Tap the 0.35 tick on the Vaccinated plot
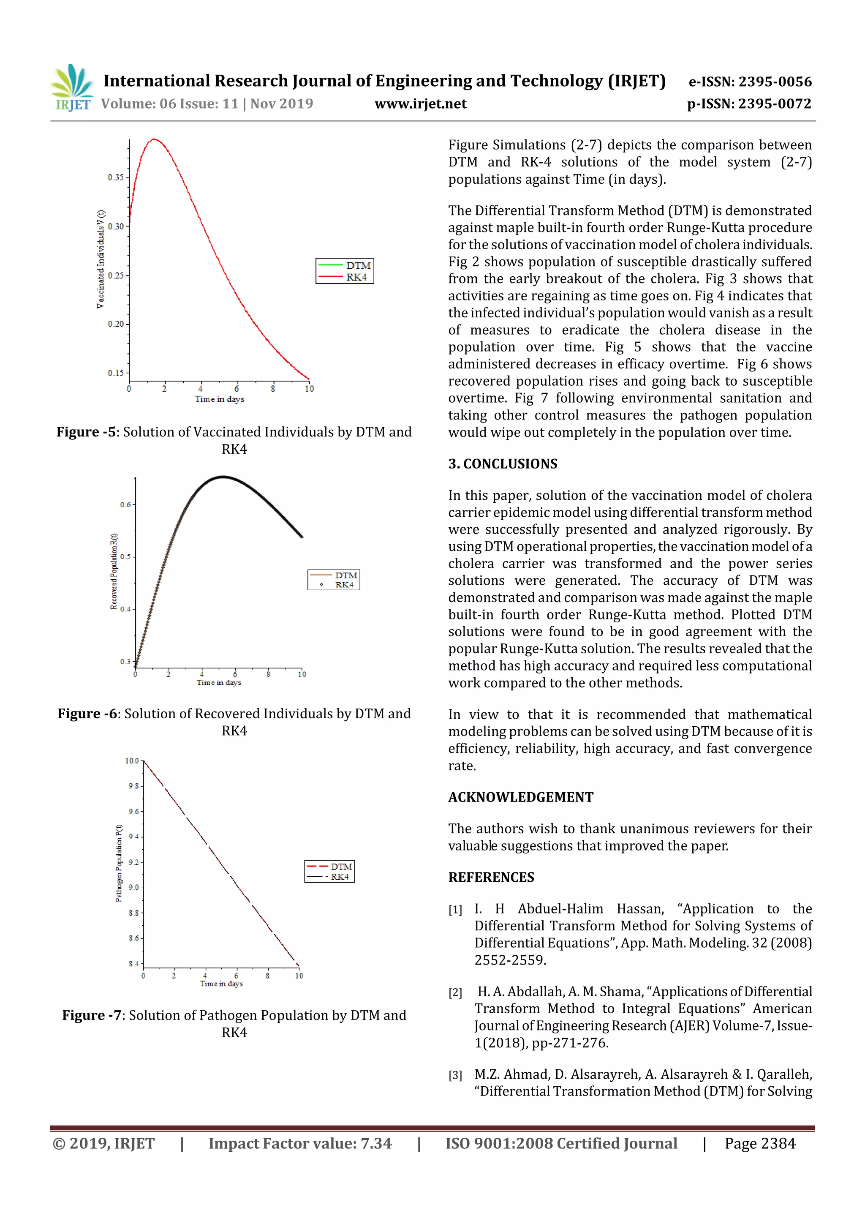tap(116, 177)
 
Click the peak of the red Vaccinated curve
tap(154, 140)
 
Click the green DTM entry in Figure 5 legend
tap(345, 265)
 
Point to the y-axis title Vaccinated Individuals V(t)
tap(100, 259)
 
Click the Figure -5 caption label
tap(86, 432)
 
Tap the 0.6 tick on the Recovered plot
tap(125, 504)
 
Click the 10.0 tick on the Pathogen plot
tap(132, 761)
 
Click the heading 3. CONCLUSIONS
tap(502, 464)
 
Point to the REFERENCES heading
tap(490, 877)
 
